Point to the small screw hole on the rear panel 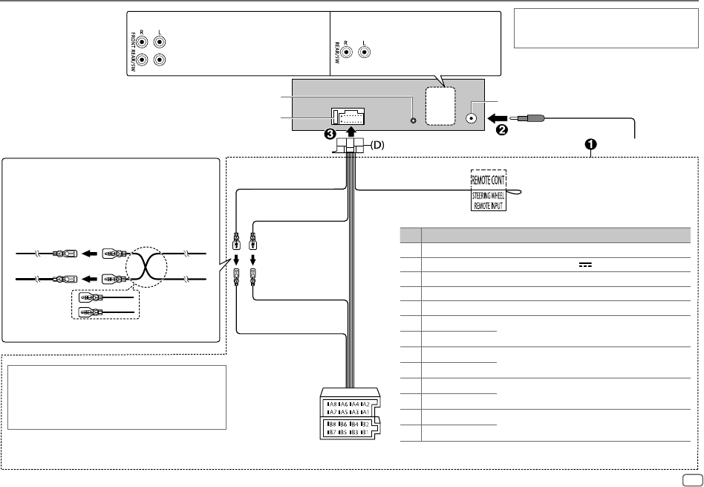click(413, 118)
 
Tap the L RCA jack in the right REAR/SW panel click(364, 53)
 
